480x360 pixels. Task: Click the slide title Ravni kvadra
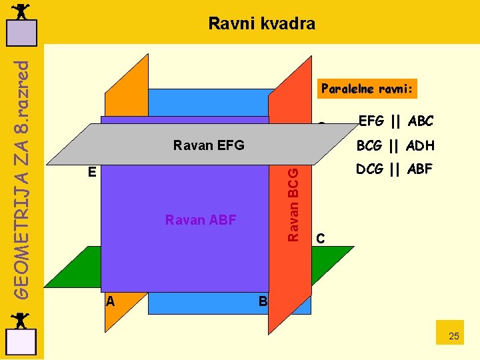[261, 24]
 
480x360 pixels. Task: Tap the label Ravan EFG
[208, 145]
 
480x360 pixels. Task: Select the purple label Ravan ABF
[200, 220]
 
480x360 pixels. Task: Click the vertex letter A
[111, 301]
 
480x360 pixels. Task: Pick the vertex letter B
[263, 301]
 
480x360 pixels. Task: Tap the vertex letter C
[321, 238]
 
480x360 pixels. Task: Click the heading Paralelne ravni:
[367, 89]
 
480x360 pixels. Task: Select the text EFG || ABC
[395, 121]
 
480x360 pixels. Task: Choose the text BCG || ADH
[395, 145]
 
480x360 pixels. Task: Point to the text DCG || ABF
[394, 170]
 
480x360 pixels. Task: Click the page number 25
[453, 336]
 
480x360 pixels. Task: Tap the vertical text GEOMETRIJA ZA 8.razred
[21, 180]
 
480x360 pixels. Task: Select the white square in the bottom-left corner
[21, 342]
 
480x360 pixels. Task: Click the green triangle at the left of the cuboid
[75, 267]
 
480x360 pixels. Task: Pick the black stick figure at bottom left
[21, 320]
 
